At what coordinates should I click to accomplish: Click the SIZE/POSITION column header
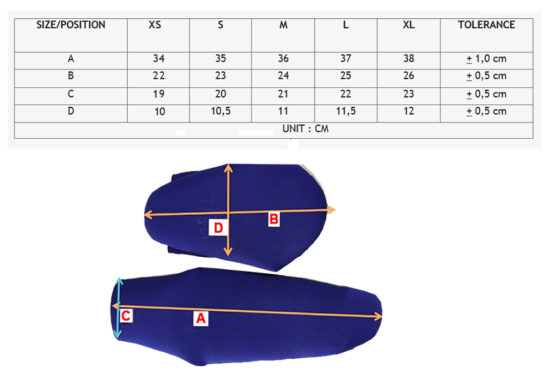coord(71,25)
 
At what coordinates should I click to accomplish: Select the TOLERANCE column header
coord(486,25)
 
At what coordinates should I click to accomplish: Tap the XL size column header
coord(409,25)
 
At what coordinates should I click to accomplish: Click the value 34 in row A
coord(159,58)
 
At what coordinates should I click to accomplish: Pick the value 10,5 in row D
coord(220,111)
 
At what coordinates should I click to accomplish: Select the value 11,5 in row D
coord(346,111)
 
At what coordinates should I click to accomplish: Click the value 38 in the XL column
coord(409,58)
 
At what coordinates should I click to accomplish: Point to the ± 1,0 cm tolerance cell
coord(486,58)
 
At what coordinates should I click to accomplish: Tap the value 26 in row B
coord(409,75)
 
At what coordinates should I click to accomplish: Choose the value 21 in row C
coord(283,94)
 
